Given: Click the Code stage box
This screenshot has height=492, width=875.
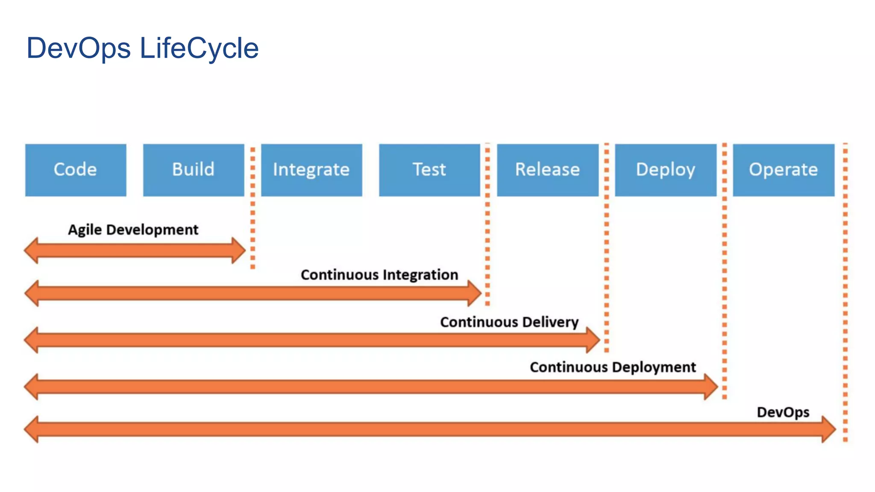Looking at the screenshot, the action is (76, 170).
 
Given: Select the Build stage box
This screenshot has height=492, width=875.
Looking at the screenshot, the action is (194, 170).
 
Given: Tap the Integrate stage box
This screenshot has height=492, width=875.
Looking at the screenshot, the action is (311, 170).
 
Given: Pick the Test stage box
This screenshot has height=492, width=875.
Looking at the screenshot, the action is (429, 170).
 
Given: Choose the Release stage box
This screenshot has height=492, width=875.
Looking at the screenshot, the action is (548, 170).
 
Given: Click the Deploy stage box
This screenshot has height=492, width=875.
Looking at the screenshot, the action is (666, 170).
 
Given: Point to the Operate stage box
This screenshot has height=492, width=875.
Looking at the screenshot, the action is (784, 170).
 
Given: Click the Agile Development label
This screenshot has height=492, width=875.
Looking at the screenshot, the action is (133, 230).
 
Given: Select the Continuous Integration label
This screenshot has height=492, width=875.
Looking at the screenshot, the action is (379, 275).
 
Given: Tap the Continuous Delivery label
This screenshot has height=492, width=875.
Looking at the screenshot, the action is (509, 322).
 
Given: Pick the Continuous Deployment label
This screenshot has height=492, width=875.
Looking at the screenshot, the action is (613, 367).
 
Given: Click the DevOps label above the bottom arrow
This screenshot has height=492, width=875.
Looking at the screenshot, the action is (783, 412).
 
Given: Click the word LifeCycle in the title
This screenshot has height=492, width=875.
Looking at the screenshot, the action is (199, 48).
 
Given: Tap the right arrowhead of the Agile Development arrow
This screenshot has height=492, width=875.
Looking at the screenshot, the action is (239, 251).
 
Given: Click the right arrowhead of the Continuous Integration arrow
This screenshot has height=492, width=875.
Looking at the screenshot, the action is (475, 293).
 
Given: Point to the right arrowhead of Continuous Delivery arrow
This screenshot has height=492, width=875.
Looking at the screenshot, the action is (593, 340).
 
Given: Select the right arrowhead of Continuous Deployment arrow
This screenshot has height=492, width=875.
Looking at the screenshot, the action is (711, 387).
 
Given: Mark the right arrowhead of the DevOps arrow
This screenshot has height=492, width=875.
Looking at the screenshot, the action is (829, 429).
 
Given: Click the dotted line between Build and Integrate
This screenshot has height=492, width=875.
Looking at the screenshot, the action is (253, 208).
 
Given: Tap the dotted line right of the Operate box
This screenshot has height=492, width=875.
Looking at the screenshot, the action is (845, 293).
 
